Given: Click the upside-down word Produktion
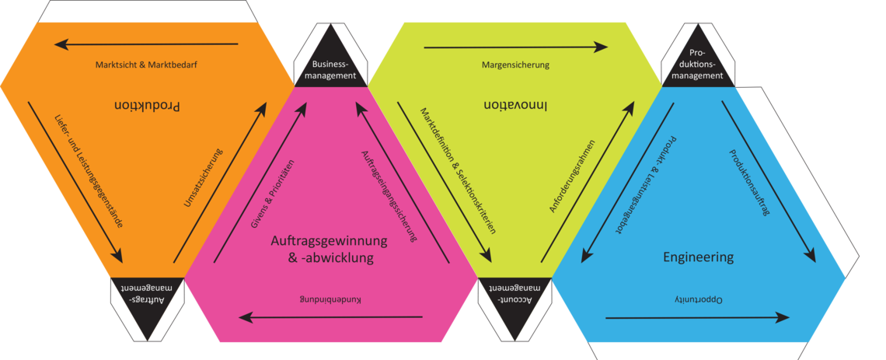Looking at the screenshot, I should click(148, 106).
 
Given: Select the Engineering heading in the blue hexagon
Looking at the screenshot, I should click(698, 257).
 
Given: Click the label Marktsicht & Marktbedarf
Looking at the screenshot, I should click(146, 65).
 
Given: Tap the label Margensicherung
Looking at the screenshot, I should click(516, 65).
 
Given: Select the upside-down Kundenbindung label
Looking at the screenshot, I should click(330, 299).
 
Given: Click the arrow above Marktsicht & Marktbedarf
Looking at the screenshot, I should click(146, 44).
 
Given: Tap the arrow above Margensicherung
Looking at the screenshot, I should click(516, 47).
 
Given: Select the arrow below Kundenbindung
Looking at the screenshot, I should click(330, 316).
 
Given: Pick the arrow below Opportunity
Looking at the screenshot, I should click(697, 317).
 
